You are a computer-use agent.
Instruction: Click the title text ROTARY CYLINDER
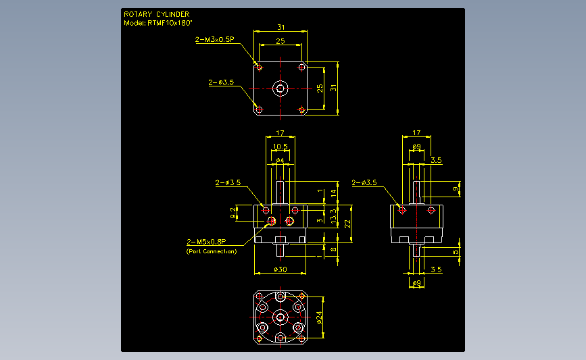click(x=157, y=14)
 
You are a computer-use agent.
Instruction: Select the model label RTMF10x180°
click(x=170, y=23)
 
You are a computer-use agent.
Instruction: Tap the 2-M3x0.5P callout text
click(x=214, y=39)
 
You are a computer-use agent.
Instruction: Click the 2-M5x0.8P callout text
click(x=206, y=242)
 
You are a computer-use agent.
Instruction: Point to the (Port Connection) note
click(x=212, y=251)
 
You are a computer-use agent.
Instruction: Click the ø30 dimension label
click(x=280, y=269)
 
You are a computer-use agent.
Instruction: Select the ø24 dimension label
click(x=319, y=317)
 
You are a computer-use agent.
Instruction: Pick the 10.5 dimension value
click(x=280, y=147)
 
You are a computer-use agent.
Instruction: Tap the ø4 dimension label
click(x=280, y=160)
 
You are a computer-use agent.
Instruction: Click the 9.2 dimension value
click(x=233, y=213)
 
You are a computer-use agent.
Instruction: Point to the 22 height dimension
click(x=347, y=224)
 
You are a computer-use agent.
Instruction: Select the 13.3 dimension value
click(x=334, y=216)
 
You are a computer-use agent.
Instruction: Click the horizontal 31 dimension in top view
click(x=280, y=27)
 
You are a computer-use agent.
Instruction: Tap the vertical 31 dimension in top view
click(x=333, y=88)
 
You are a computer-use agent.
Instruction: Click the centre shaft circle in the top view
click(x=280, y=89)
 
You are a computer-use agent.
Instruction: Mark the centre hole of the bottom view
click(x=280, y=317)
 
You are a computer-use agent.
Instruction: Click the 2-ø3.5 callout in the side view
click(x=364, y=182)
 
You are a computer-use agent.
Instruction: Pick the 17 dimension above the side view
click(x=416, y=132)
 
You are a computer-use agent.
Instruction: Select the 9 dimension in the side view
click(x=455, y=189)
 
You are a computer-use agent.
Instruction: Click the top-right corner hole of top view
click(x=301, y=68)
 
